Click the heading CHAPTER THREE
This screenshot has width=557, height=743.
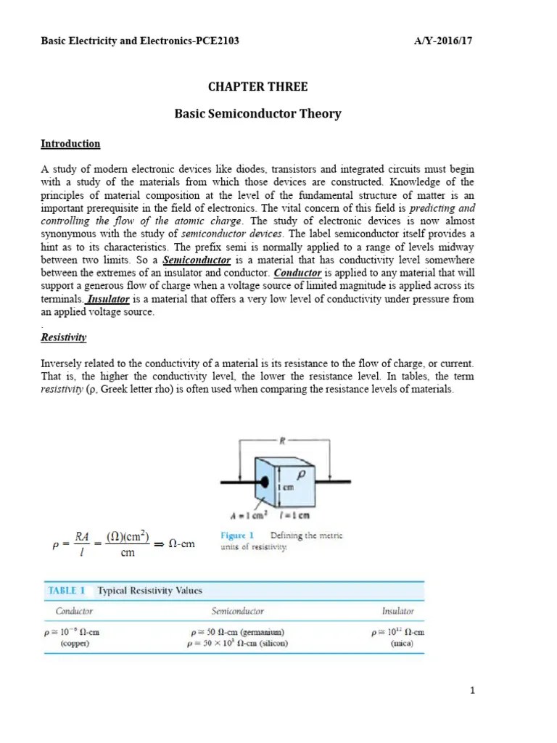pos(258,87)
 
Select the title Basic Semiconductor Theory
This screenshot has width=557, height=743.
pos(258,114)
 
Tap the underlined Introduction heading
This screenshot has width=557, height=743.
pos(70,144)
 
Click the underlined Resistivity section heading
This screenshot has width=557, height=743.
pos(64,337)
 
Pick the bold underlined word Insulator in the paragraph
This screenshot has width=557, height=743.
pos(109,299)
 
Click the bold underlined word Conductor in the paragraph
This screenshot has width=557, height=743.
pos(297,273)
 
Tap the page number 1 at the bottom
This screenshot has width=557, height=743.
pos(472,691)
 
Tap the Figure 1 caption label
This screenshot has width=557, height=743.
pos(236,535)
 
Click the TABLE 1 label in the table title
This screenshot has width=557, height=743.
pos(67,590)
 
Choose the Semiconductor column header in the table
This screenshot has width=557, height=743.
pos(237,612)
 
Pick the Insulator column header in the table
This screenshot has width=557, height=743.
pos(398,612)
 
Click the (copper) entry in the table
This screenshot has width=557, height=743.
pos(75,643)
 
